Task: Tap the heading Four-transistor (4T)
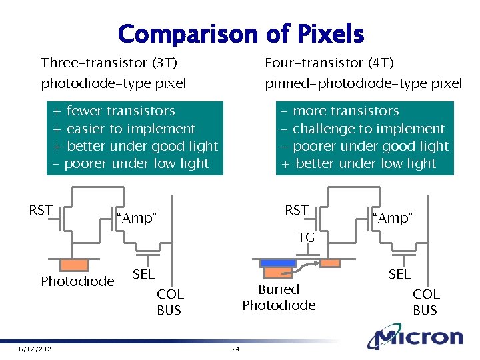pyautogui.click(x=329, y=63)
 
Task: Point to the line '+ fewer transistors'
pyautogui.click(x=114, y=111)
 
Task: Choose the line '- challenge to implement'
pyautogui.click(x=363, y=129)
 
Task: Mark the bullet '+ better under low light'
pyautogui.click(x=359, y=163)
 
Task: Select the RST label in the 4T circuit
pyautogui.click(x=296, y=211)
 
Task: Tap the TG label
pyautogui.click(x=306, y=237)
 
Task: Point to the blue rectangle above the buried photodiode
pyautogui.click(x=278, y=262)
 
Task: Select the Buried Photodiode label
pyautogui.click(x=279, y=297)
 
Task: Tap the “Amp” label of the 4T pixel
pyautogui.click(x=393, y=218)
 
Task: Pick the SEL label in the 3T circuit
pyautogui.click(x=143, y=274)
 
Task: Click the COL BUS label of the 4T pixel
pyautogui.click(x=425, y=302)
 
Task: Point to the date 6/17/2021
pyautogui.click(x=37, y=349)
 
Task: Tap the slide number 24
pyautogui.click(x=235, y=349)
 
